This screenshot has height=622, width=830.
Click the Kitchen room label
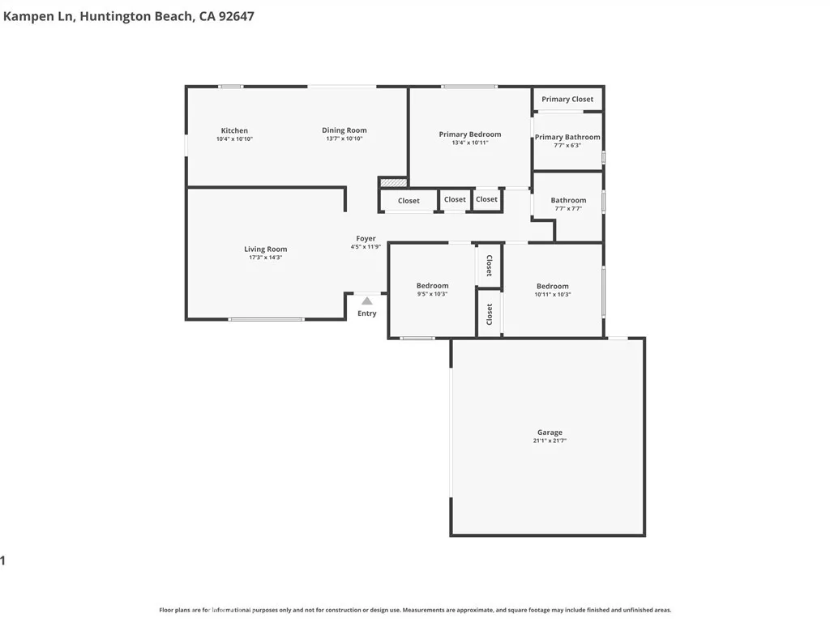(234, 130)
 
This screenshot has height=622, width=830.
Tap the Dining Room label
(344, 130)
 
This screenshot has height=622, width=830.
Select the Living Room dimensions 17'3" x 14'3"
(265, 258)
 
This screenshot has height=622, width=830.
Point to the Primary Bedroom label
(469, 134)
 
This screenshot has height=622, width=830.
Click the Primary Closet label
(567, 100)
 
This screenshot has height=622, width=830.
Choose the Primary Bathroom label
(567, 138)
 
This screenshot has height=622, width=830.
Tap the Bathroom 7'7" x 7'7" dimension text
(567, 209)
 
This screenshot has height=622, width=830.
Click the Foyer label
(366, 239)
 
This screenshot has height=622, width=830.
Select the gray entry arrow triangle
(366, 300)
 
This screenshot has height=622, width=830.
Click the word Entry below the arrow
(366, 313)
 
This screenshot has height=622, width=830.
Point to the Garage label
(549, 432)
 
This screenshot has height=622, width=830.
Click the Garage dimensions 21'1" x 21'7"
(549, 441)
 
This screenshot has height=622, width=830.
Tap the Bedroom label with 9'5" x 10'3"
(432, 286)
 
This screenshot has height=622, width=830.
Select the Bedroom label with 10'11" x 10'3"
(552, 286)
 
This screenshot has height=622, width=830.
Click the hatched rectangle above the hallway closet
(392, 183)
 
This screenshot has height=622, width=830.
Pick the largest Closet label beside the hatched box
(409, 201)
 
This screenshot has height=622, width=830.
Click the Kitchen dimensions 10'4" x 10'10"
(234, 139)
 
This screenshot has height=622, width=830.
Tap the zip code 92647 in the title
(233, 15)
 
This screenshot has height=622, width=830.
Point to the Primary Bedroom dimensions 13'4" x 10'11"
(469, 143)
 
